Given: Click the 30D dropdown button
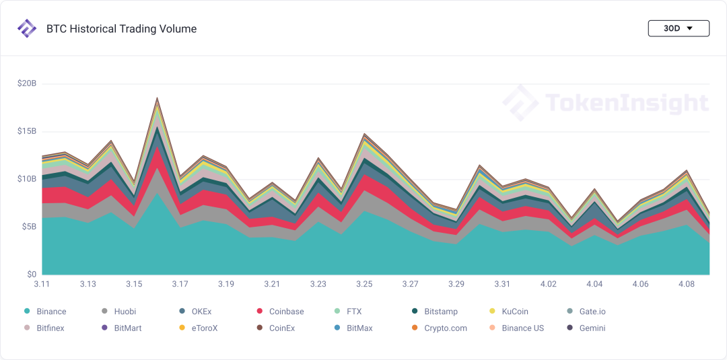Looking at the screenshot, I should (x=678, y=28).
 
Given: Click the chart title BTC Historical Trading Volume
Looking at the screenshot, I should (x=121, y=29).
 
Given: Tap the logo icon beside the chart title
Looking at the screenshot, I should (x=27, y=29).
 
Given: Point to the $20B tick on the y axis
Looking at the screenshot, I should (x=27, y=83).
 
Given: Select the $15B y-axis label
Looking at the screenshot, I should (x=27, y=131).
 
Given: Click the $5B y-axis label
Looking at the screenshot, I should (x=28, y=227).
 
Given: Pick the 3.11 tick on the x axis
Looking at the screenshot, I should (x=42, y=285).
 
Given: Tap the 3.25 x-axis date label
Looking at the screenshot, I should (x=364, y=285).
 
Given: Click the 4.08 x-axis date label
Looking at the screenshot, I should (x=686, y=285).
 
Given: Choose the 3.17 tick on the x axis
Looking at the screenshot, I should (x=180, y=285).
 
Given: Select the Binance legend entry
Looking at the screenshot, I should (x=51, y=312).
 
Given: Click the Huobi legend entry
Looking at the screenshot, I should (x=125, y=312).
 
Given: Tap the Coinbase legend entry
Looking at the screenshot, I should (x=286, y=312).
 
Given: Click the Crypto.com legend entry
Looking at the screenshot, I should (x=445, y=328).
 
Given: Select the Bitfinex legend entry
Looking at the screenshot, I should (x=50, y=328).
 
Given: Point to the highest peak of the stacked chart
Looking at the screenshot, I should (x=157, y=98).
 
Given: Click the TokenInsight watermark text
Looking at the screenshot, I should (x=626, y=103).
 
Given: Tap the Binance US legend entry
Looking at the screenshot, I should (x=522, y=328).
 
